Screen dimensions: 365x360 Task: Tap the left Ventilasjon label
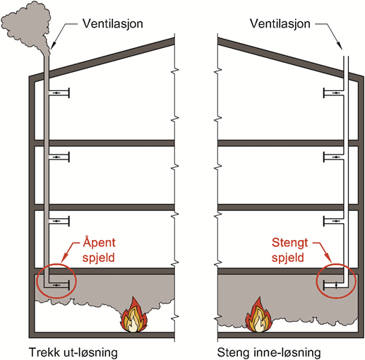coord(112,23)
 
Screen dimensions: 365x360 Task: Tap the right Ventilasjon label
coord(280,23)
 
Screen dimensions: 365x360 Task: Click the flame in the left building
coord(134,316)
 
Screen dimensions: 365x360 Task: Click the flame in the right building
coord(258,316)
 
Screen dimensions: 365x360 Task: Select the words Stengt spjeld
coord(289,250)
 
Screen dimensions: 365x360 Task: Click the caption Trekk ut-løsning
coord(73,352)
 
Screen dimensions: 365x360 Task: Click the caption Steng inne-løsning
coord(269,352)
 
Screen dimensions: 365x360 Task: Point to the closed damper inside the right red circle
coord(336,285)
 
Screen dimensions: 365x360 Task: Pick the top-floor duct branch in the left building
coord(59,93)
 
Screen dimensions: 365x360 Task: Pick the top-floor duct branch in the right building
coord(333,93)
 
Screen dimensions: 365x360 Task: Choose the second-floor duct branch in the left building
coord(59,221)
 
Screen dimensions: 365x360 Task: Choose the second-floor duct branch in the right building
coord(333,221)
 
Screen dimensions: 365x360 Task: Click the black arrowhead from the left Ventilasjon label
coord(53,45)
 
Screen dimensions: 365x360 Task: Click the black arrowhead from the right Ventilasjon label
coord(340,45)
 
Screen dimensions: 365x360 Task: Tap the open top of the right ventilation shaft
coord(345,56)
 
